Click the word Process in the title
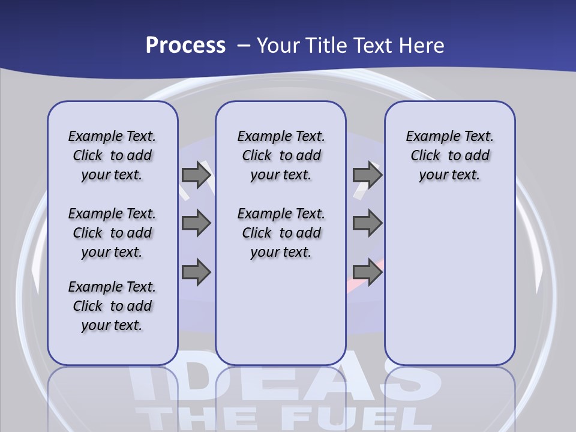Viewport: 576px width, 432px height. click(x=185, y=46)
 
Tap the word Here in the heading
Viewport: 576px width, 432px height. click(x=421, y=46)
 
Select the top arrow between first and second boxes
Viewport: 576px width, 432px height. click(x=196, y=175)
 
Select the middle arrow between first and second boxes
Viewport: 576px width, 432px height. click(x=196, y=223)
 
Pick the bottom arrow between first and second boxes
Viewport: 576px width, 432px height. click(x=196, y=272)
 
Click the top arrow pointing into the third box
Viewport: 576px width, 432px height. click(x=367, y=175)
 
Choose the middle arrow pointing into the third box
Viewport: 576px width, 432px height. click(x=367, y=223)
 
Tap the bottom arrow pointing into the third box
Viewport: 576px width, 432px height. click(x=367, y=272)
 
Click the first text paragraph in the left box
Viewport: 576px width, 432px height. click(x=112, y=155)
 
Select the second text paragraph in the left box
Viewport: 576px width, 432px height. click(x=112, y=233)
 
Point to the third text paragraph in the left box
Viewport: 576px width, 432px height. click(x=112, y=306)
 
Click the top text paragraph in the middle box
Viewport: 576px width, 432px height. click(x=281, y=155)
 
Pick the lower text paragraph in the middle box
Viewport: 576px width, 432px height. click(x=281, y=233)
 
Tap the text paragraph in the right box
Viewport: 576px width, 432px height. click(x=449, y=155)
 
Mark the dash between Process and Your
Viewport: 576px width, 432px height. click(x=244, y=46)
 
